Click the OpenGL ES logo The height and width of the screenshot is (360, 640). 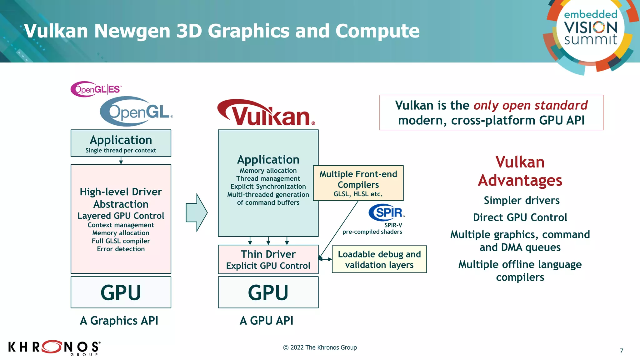[x=96, y=89]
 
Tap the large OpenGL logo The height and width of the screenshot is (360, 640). [x=136, y=112]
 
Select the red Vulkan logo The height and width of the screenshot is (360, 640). [x=266, y=113]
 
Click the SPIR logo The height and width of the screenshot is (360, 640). [x=387, y=212]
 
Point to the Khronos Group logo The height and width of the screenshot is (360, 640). [x=54, y=347]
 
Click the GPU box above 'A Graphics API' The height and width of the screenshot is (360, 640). [x=121, y=292]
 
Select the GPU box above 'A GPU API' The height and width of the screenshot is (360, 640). [x=268, y=292]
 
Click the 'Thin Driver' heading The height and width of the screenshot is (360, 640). [x=268, y=254]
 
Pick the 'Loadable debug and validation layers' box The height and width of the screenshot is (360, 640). [x=379, y=259]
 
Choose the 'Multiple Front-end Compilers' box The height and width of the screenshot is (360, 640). [x=358, y=183]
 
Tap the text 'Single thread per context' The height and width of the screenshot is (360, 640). [x=121, y=150]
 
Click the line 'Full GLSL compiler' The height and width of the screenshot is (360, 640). [x=121, y=241]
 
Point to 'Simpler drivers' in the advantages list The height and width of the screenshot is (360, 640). [x=522, y=200]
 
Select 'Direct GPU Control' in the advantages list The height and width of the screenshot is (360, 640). [x=520, y=217]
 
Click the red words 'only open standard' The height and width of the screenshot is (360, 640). [x=530, y=106]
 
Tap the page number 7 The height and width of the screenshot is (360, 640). [x=622, y=351]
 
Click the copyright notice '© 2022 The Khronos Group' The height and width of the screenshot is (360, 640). [x=320, y=347]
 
